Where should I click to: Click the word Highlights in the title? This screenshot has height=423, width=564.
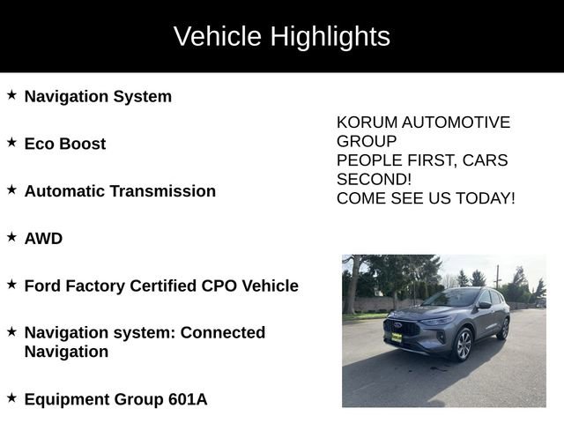click(330, 37)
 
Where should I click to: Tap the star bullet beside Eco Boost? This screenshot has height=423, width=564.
click(11, 141)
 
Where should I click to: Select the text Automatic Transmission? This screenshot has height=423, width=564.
click(120, 191)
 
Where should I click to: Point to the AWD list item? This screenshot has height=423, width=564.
click(43, 239)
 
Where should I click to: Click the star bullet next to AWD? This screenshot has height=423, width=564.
click(11, 236)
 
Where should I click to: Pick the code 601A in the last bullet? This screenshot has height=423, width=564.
click(188, 399)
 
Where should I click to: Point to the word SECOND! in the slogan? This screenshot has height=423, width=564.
click(374, 179)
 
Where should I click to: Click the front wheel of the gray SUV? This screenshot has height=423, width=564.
click(463, 344)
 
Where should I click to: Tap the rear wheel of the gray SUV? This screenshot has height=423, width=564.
click(504, 329)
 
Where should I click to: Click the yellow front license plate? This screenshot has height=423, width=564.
click(397, 337)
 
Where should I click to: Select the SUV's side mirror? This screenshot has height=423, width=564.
click(484, 305)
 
